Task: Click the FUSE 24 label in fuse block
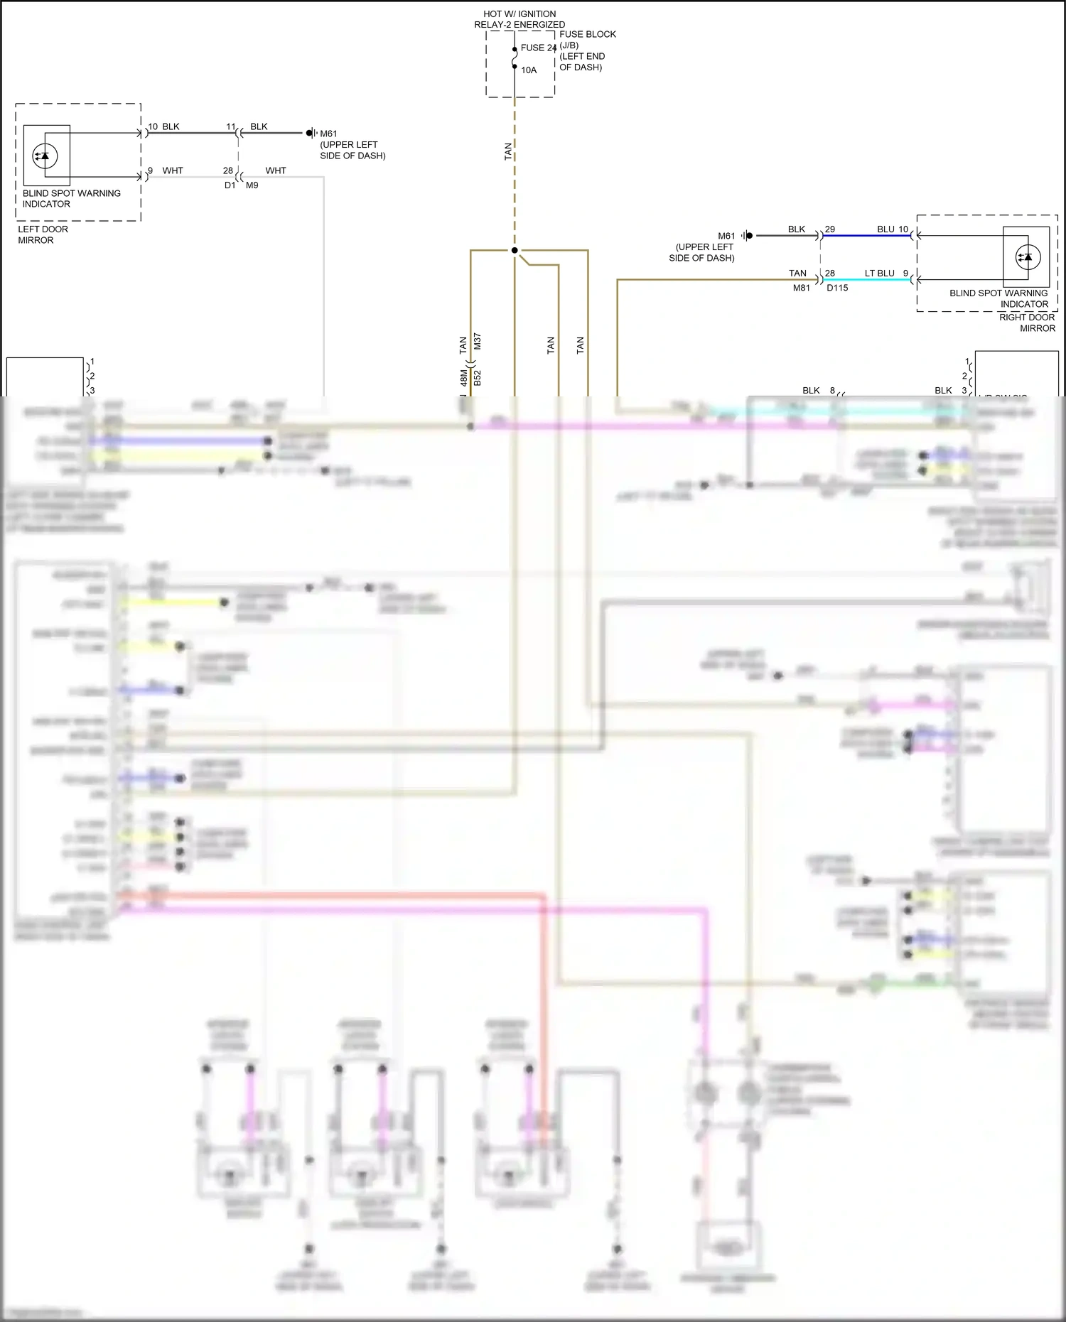click(537, 48)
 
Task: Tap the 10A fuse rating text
click(529, 70)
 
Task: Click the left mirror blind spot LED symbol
click(45, 156)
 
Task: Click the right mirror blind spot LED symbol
click(1026, 257)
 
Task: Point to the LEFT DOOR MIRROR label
click(43, 234)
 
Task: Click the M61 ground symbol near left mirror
click(311, 133)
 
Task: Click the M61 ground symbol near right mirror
click(746, 235)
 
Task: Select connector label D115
click(837, 288)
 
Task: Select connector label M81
click(801, 288)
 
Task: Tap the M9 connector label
click(252, 185)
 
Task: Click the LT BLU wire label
click(879, 273)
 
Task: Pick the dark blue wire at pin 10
click(867, 235)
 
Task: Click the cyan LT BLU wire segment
click(867, 280)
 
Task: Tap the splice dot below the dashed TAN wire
click(515, 250)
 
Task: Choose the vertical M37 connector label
click(478, 341)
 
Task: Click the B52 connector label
click(478, 377)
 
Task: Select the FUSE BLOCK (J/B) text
click(587, 39)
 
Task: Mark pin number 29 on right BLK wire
click(830, 229)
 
